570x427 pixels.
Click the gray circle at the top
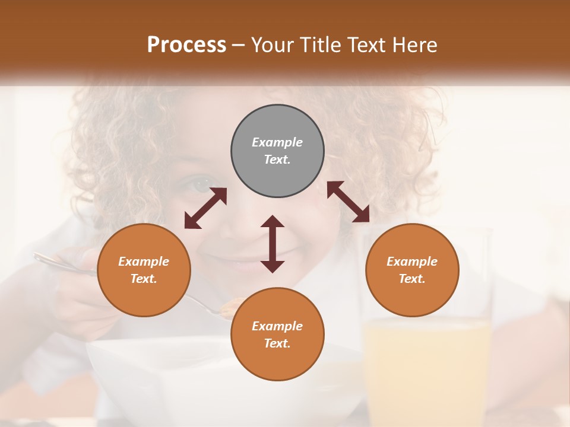(x=277, y=151)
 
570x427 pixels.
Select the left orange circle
(x=144, y=270)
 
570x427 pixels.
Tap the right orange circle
(x=412, y=270)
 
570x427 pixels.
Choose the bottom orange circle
(x=277, y=334)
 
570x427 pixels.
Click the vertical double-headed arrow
(x=273, y=244)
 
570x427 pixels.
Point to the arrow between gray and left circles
(x=205, y=208)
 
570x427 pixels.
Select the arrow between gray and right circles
(x=348, y=202)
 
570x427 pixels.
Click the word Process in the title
(x=186, y=44)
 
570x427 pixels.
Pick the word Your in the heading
(x=273, y=44)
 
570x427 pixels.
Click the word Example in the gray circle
(x=277, y=142)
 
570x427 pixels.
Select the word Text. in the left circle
(x=144, y=279)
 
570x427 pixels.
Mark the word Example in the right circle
(x=412, y=262)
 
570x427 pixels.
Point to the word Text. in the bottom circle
(x=277, y=343)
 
